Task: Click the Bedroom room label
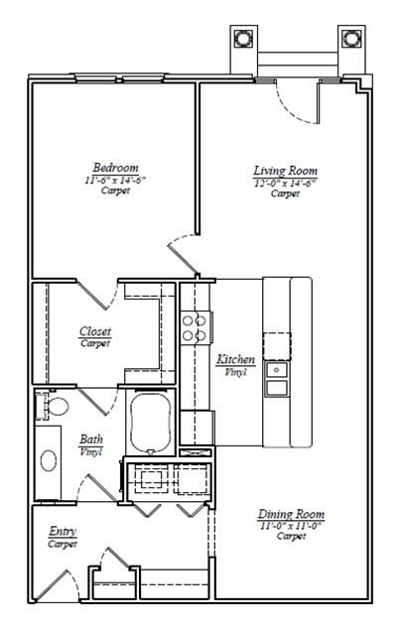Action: (x=115, y=168)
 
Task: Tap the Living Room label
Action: (x=285, y=171)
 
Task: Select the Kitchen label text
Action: (x=235, y=359)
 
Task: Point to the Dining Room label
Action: (x=291, y=514)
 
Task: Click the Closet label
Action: (x=95, y=331)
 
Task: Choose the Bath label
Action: (x=89, y=440)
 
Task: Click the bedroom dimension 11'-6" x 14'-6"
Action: (x=115, y=180)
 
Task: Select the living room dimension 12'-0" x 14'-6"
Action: (x=285, y=183)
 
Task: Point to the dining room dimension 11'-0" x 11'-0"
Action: (x=291, y=526)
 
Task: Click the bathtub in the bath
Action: (x=152, y=424)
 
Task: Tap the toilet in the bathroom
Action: (x=58, y=407)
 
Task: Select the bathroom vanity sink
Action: (x=49, y=460)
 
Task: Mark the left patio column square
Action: (x=243, y=38)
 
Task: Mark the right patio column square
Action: (x=350, y=38)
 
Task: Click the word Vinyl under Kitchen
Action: (x=235, y=371)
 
